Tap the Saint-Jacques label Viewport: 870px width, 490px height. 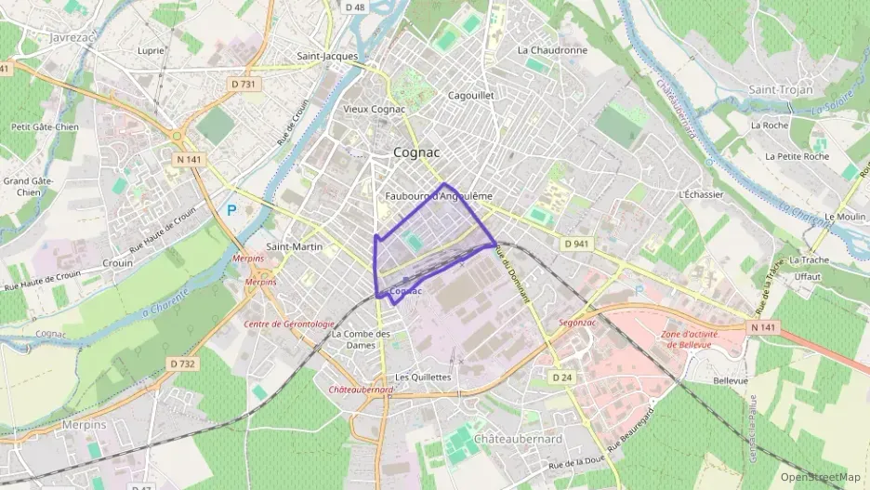pyautogui.click(x=327, y=56)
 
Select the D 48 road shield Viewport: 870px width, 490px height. pyautogui.click(x=354, y=7)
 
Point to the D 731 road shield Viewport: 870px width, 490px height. pyautogui.click(x=243, y=85)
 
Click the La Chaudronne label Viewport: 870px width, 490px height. pyautogui.click(x=552, y=50)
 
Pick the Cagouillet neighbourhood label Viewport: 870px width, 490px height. pyautogui.click(x=470, y=95)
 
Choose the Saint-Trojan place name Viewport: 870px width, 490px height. pyautogui.click(x=781, y=89)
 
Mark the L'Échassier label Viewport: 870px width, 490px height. pyautogui.click(x=702, y=194)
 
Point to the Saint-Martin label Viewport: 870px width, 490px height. pyautogui.click(x=295, y=246)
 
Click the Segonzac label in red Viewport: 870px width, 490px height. pyautogui.click(x=577, y=324)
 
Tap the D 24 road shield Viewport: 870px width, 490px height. pyautogui.click(x=560, y=377)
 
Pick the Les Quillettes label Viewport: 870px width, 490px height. pyautogui.click(x=423, y=377)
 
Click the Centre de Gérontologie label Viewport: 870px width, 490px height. pyautogui.click(x=288, y=324)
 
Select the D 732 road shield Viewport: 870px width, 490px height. pyautogui.click(x=182, y=364)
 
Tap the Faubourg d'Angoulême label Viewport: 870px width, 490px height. pyautogui.click(x=438, y=196)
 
